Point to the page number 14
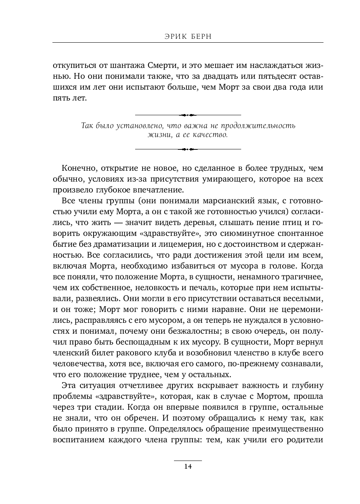click(x=188, y=466)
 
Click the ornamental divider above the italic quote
click(x=188, y=115)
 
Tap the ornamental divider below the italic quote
click(x=188, y=149)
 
